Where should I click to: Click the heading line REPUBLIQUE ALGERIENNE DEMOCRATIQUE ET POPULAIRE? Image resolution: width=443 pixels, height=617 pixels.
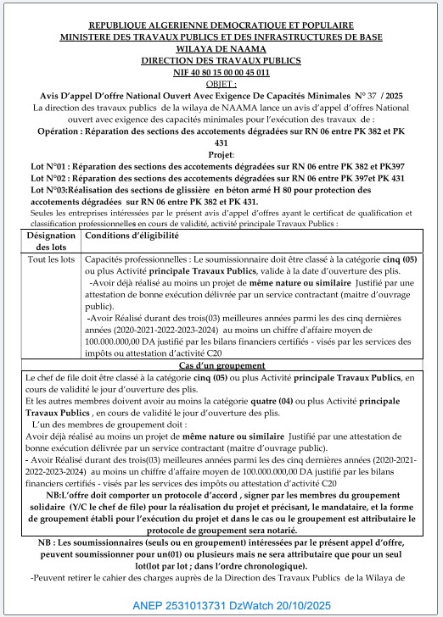click(x=222, y=27)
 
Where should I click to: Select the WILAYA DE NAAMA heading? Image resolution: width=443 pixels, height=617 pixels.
click(x=222, y=49)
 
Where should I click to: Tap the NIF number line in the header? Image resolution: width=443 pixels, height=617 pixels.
click(x=222, y=73)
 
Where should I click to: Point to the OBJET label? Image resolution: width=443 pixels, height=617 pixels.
click(x=222, y=84)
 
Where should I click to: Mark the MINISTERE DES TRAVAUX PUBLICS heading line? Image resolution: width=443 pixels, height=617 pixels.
click(x=222, y=38)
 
